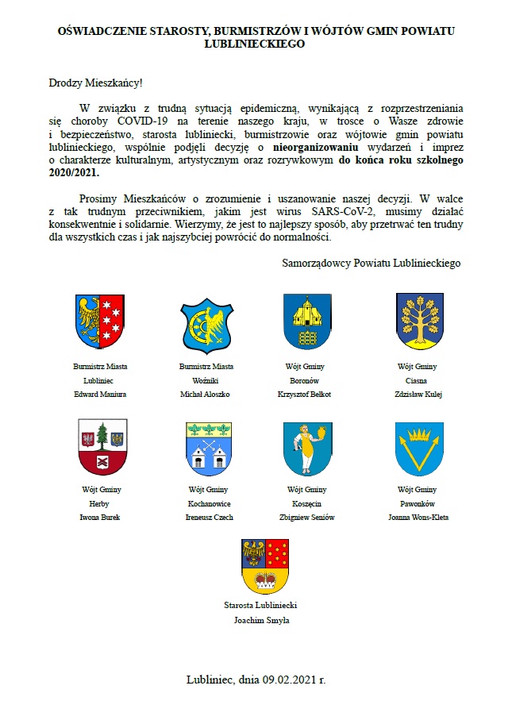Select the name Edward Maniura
point(100,394)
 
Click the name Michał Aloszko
point(206,394)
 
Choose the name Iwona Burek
point(100,517)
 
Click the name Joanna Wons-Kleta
point(417,517)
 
